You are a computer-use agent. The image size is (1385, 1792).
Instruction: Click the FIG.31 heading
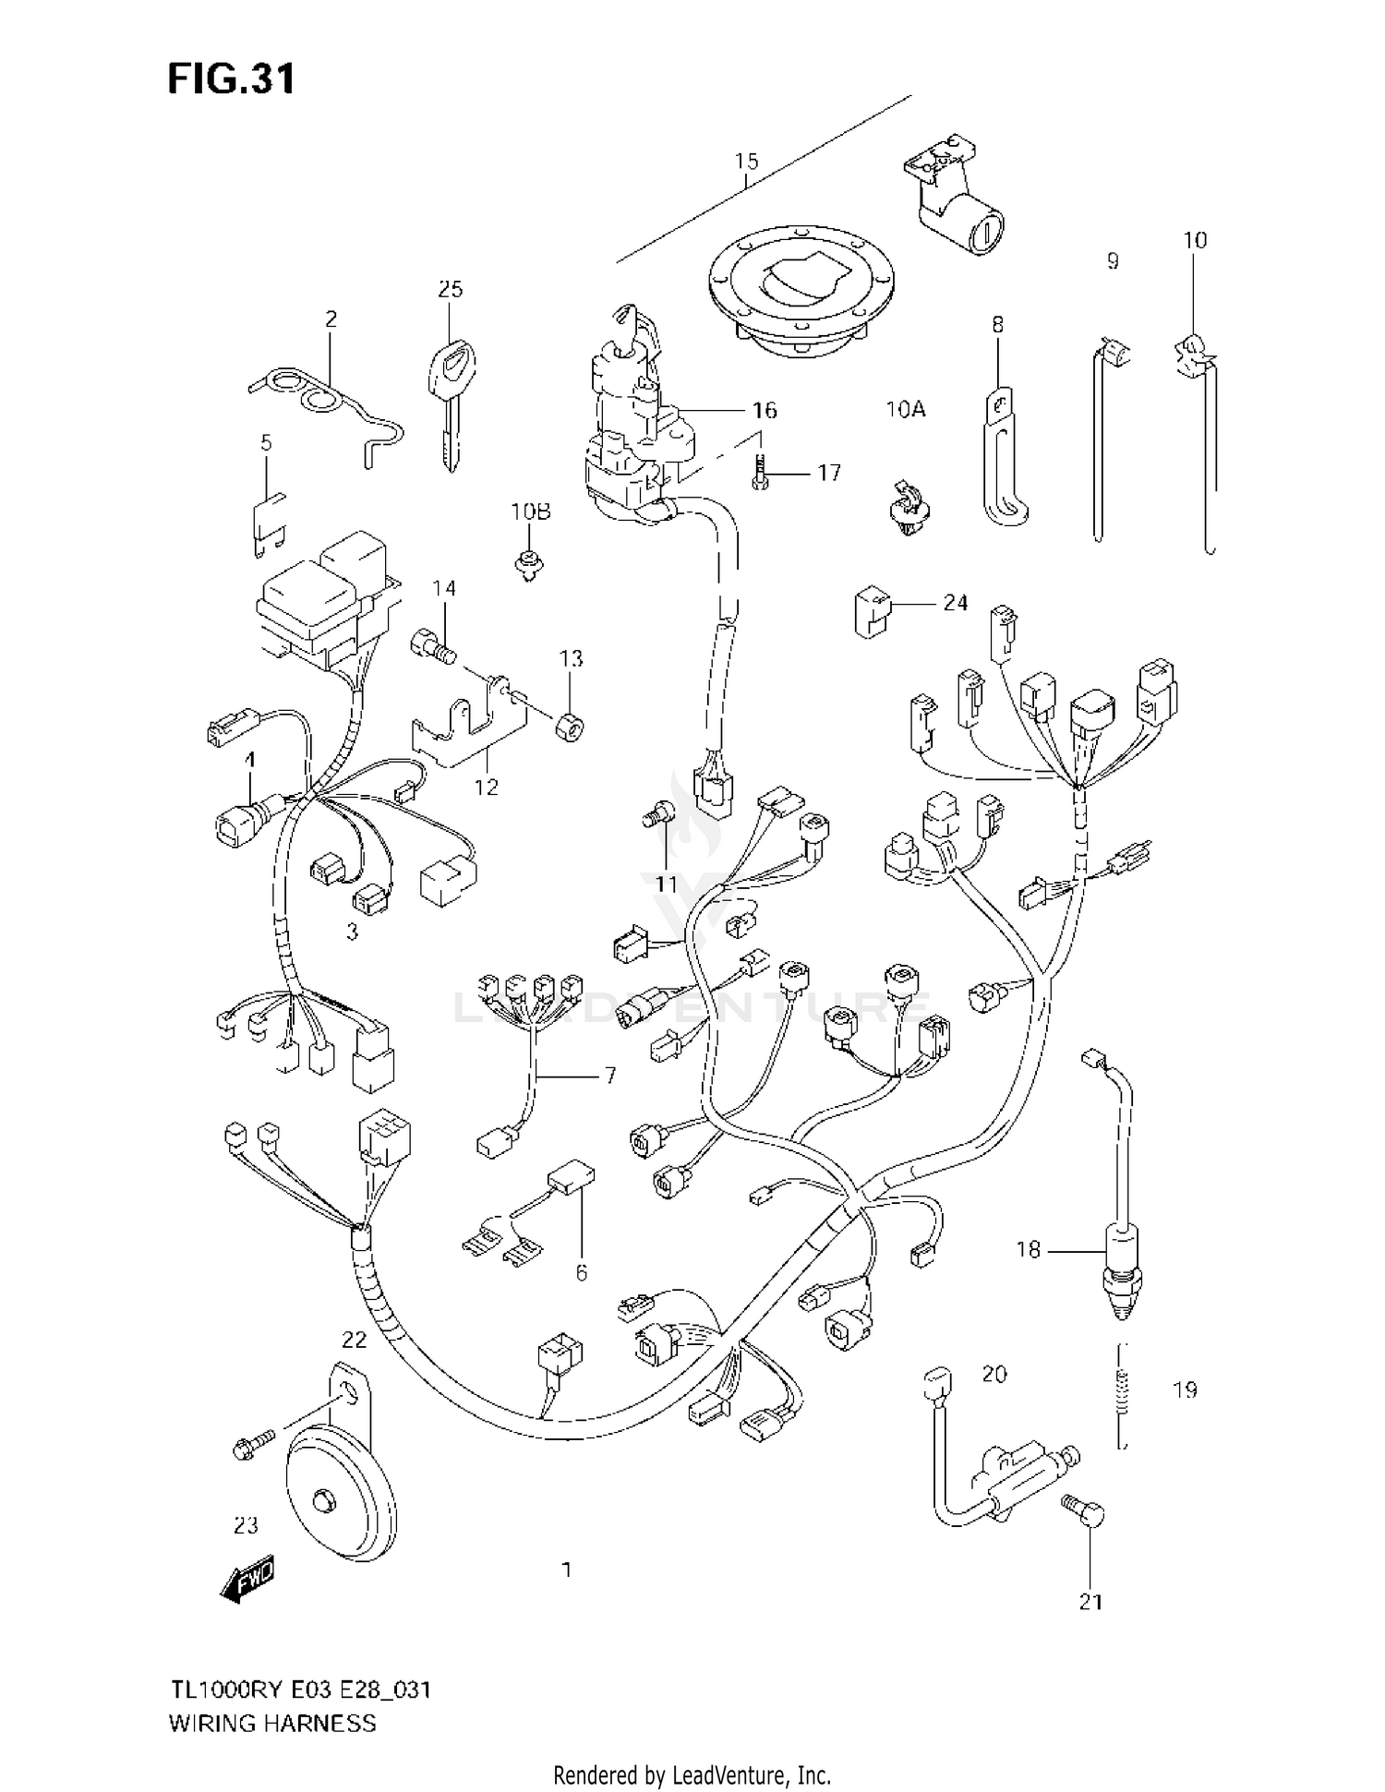coord(231,79)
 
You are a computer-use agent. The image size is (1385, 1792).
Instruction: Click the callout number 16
coord(765,410)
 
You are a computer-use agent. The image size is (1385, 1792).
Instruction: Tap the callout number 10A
coord(904,409)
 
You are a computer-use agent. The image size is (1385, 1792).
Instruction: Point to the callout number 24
coord(955,603)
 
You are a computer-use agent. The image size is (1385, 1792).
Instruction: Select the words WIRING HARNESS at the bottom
coord(272,1723)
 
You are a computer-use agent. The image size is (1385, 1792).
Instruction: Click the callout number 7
coord(609,1076)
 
